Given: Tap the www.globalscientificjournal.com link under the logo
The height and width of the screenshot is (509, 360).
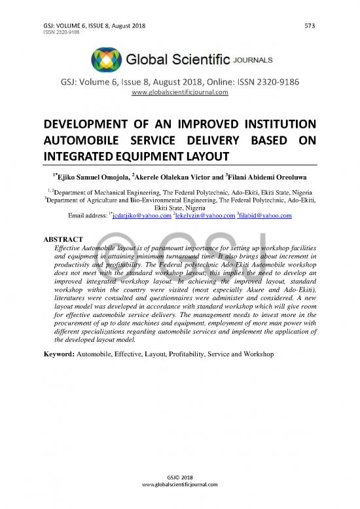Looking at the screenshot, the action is pyautogui.click(x=179, y=92).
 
